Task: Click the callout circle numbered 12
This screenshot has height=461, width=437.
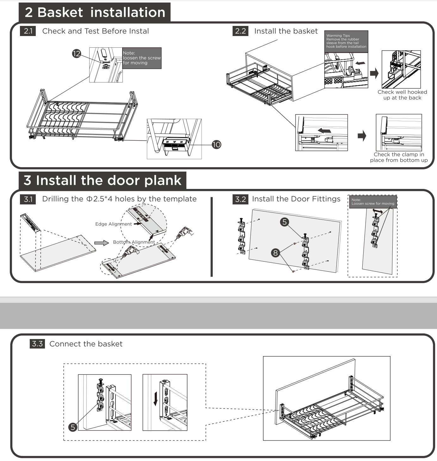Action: pos(77,54)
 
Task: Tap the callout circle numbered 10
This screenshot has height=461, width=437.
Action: pos(216,145)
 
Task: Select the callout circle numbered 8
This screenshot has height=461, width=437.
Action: pos(276,253)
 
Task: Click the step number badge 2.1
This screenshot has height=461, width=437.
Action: pos(28,31)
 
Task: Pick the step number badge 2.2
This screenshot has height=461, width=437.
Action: pos(240,31)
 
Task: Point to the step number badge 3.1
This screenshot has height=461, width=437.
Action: pos(28,199)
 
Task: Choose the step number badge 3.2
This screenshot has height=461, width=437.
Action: pos(240,199)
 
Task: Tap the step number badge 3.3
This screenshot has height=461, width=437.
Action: pos(37,344)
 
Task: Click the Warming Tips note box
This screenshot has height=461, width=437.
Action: pos(346,41)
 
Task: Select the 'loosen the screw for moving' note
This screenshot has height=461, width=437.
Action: pos(142,58)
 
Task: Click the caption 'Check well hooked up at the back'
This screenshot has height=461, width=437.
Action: pos(402,95)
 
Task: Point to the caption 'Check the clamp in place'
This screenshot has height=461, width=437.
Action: pos(399,157)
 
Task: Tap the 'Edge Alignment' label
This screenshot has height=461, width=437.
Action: pos(113,224)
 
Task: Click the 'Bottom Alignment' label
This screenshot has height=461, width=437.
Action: pos(134,242)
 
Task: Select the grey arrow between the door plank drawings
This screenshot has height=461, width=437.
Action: pos(101,243)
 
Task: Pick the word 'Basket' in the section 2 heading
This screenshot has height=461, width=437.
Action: pos(60,12)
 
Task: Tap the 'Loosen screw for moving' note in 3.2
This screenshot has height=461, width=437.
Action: pos(373,202)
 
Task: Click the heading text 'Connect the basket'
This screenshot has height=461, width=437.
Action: pos(86,344)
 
